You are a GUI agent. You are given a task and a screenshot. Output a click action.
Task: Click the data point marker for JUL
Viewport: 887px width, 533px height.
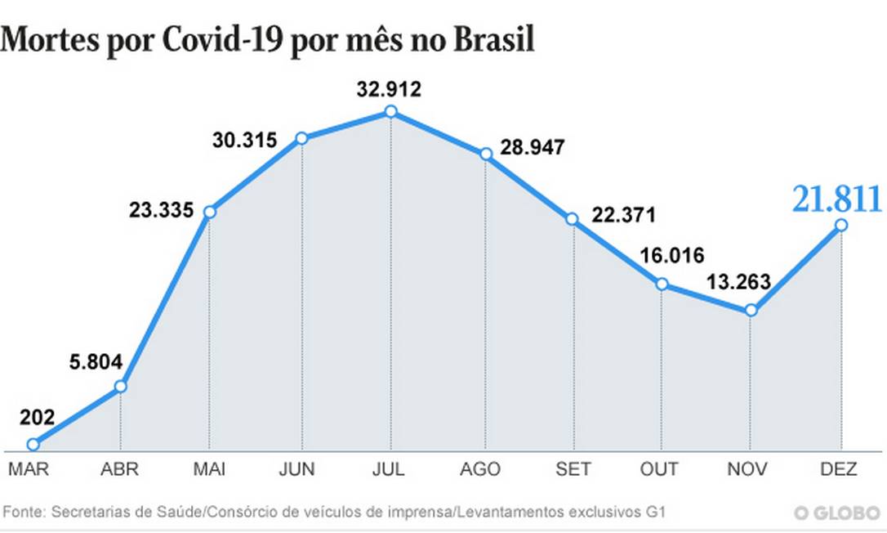point(390,111)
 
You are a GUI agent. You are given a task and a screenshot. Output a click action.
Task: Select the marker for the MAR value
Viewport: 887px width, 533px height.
point(33,445)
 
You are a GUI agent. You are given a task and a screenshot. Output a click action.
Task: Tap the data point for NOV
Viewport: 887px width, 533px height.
point(751,311)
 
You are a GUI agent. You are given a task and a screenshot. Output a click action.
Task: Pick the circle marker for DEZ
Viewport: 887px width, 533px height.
point(840,225)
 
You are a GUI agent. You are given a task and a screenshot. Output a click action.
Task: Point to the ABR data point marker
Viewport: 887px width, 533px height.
point(121,386)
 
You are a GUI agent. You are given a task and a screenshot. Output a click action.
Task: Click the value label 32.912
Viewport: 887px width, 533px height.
point(389,89)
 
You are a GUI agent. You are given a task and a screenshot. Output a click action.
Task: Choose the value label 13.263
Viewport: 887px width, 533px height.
point(737,282)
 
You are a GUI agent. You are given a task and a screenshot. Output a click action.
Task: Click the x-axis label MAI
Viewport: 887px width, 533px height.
point(211,469)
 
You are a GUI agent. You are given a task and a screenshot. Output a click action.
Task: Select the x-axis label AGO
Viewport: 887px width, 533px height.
point(480,469)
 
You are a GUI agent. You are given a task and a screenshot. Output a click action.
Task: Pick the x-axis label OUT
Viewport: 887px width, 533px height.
point(659,469)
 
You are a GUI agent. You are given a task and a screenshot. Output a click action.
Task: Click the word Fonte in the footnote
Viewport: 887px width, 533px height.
point(25,513)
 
